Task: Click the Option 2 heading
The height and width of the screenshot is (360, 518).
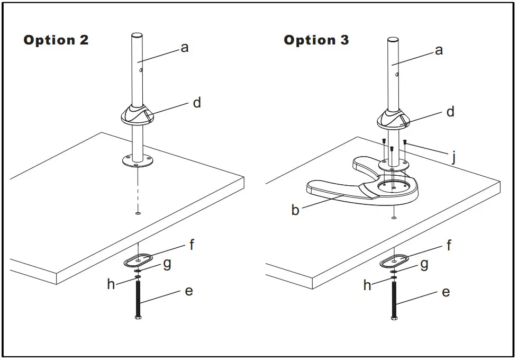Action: click(x=56, y=40)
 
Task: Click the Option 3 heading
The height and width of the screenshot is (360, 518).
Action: click(x=316, y=40)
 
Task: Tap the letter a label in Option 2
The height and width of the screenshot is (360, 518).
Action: click(x=185, y=47)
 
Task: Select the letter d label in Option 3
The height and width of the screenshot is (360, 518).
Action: click(x=450, y=112)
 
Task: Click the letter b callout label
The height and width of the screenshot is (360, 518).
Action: click(x=295, y=210)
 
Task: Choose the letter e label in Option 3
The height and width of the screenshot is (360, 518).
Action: click(x=446, y=292)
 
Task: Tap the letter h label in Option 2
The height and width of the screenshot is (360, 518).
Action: click(x=111, y=284)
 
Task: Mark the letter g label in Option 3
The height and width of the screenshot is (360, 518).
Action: click(x=424, y=264)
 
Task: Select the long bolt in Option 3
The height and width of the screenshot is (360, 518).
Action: click(x=394, y=299)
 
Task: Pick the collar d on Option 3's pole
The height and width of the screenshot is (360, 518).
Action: click(x=394, y=119)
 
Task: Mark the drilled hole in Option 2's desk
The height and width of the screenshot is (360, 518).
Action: click(x=138, y=213)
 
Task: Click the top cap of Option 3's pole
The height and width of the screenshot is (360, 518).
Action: click(x=393, y=40)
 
